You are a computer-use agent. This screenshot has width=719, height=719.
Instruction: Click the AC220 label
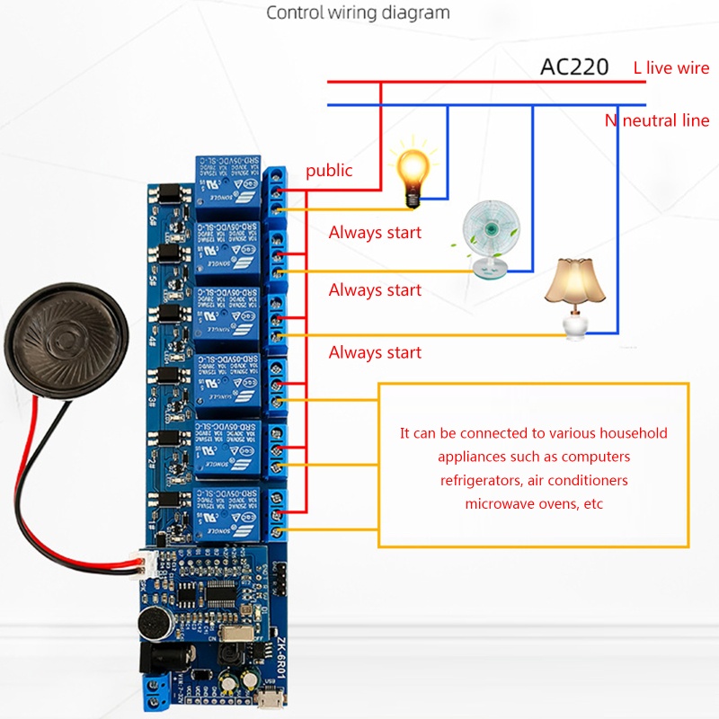tap(574, 67)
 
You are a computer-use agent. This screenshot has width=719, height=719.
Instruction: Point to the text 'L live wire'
tap(671, 67)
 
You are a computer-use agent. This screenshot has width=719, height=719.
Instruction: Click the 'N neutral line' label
tap(657, 120)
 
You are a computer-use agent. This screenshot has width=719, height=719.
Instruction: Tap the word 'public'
tap(329, 170)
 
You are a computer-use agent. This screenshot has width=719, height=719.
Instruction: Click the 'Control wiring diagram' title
tap(358, 13)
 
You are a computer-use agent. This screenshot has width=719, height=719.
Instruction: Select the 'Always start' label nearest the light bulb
tap(375, 233)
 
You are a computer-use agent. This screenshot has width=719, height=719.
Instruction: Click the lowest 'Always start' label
tap(375, 352)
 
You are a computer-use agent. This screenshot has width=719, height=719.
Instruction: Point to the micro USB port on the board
tap(280, 697)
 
